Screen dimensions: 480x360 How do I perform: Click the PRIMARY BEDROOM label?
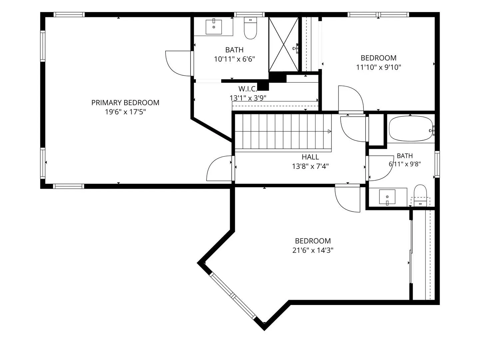click(x=125, y=103)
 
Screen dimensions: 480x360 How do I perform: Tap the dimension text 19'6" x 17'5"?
click(x=125, y=112)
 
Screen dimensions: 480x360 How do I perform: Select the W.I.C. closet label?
click(x=247, y=89)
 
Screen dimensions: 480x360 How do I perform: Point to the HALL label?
click(x=310, y=157)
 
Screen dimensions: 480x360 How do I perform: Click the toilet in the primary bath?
click(x=250, y=28)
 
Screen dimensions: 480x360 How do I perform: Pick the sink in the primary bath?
click(x=214, y=27)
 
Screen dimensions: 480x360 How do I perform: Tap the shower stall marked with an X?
click(x=283, y=44)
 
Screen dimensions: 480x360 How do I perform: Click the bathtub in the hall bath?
click(x=411, y=129)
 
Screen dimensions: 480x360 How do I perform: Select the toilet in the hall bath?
click(x=420, y=195)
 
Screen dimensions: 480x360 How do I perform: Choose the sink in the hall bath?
click(x=387, y=197)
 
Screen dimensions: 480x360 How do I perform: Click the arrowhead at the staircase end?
click(x=329, y=131)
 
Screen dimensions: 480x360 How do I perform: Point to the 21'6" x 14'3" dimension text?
click(x=313, y=250)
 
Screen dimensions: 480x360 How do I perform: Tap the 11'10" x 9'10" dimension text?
click(x=378, y=67)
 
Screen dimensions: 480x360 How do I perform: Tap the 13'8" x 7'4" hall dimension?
click(x=310, y=167)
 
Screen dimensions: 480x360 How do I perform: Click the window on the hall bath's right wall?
click(x=437, y=164)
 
